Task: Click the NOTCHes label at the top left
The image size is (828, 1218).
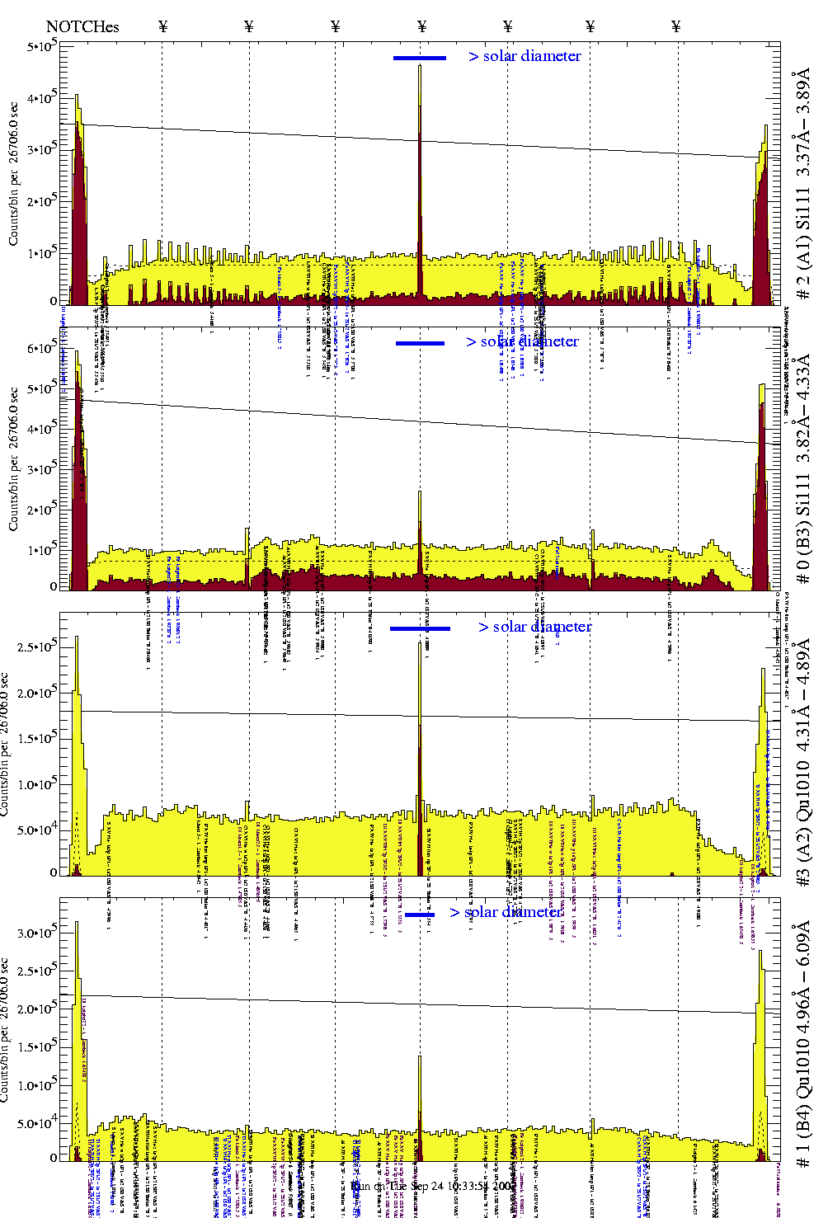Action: (x=82, y=26)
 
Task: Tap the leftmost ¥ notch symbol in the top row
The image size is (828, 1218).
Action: (x=162, y=26)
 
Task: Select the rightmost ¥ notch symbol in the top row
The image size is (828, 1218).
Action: (x=676, y=26)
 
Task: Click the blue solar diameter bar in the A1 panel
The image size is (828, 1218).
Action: (x=419, y=58)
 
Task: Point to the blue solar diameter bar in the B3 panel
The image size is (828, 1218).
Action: (x=420, y=343)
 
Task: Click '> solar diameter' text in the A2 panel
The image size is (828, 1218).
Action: (x=534, y=627)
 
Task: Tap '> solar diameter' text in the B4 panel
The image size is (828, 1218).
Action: (x=506, y=912)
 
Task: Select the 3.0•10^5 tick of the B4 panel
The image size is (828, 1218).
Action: (x=37, y=933)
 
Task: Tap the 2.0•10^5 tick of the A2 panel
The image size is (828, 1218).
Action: (x=37, y=693)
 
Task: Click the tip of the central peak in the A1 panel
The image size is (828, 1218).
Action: (x=420, y=66)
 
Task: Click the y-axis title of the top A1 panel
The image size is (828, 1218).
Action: (x=13, y=173)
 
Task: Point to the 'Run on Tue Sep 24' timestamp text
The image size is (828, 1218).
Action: (x=433, y=1186)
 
